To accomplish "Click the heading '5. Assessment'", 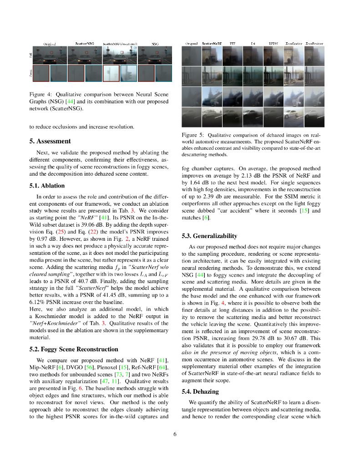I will pos(50,141).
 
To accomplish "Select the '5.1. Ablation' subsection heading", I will pos(47,186).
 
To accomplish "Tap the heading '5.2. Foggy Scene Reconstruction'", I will pos(73,349).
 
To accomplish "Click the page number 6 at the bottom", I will pos(175,434).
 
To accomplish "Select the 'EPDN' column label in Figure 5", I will pos(273,43).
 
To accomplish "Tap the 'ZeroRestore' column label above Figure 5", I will pos(314,43).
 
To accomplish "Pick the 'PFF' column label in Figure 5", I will pos(233,43).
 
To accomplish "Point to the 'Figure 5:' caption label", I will pos(193,135).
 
